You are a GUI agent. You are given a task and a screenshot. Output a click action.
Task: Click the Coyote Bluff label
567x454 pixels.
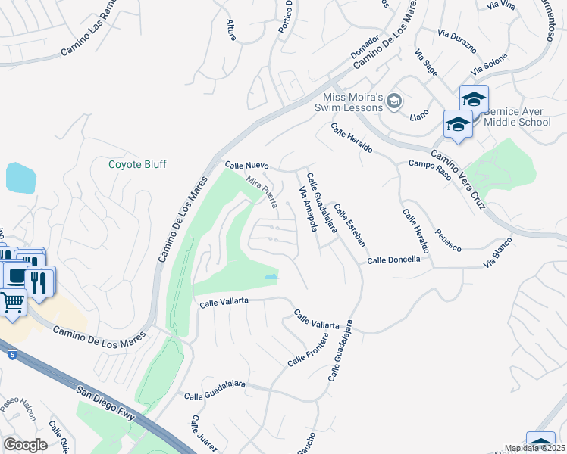137,164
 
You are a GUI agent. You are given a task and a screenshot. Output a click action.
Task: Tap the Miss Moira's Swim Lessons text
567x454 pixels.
353,102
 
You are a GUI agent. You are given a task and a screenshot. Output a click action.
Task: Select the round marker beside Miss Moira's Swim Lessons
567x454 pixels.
393,101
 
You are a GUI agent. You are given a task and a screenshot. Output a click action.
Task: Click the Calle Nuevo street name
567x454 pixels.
247,165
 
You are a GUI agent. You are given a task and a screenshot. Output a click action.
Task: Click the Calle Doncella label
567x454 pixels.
393,260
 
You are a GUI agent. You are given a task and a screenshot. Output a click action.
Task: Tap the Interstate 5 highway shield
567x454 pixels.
11,355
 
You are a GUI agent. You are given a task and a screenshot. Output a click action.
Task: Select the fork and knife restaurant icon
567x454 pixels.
39,281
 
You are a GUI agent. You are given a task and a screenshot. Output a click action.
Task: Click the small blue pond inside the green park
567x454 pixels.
271,279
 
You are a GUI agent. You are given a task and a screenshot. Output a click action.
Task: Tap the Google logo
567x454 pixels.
25,445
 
